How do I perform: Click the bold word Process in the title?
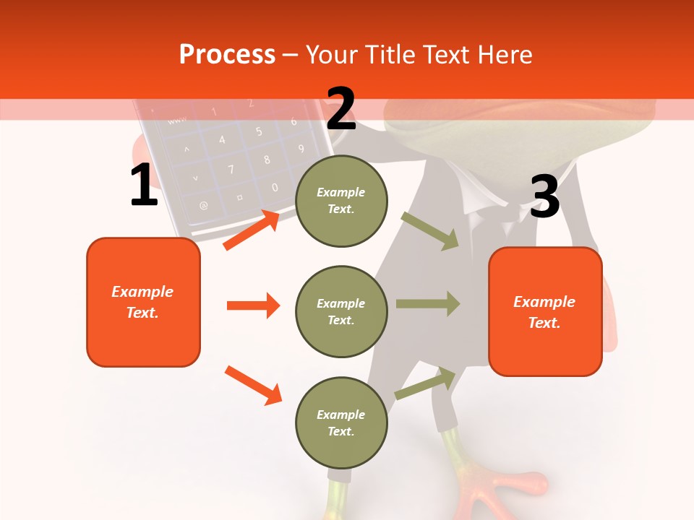(x=227, y=54)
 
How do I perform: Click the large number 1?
(x=144, y=186)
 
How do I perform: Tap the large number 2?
(x=341, y=108)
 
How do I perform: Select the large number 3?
(x=544, y=197)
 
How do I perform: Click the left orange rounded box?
(x=143, y=302)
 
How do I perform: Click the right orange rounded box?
(x=545, y=311)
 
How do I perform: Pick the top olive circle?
(x=341, y=201)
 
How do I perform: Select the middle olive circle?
(x=341, y=311)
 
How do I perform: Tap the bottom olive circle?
(x=341, y=422)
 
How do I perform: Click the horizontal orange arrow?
(x=253, y=305)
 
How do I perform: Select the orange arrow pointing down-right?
(x=253, y=385)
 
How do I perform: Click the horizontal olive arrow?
(x=428, y=303)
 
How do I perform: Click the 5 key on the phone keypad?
(x=258, y=131)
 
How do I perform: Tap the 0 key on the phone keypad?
(x=274, y=188)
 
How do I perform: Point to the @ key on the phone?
(x=204, y=205)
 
